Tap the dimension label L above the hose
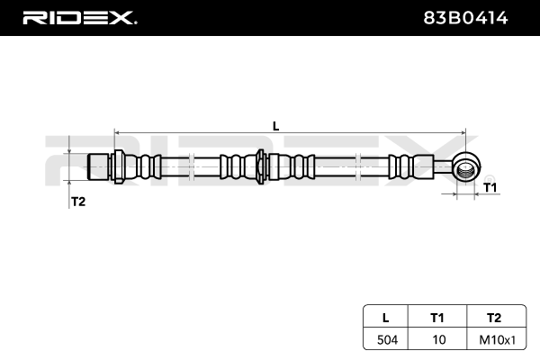pyautogui.click(x=275, y=126)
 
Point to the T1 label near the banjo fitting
pyautogui.click(x=490, y=187)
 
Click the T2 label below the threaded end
pyautogui.click(x=77, y=201)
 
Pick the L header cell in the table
pyautogui.click(x=386, y=318)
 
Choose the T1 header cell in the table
pyautogui.click(x=438, y=318)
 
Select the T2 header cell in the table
pyautogui.click(x=492, y=318)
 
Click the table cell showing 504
pyautogui.click(x=386, y=340)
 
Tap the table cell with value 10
pyautogui.click(x=438, y=340)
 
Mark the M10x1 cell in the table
pyautogui.click(x=492, y=340)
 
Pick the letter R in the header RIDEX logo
pyautogui.click(x=32, y=17)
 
